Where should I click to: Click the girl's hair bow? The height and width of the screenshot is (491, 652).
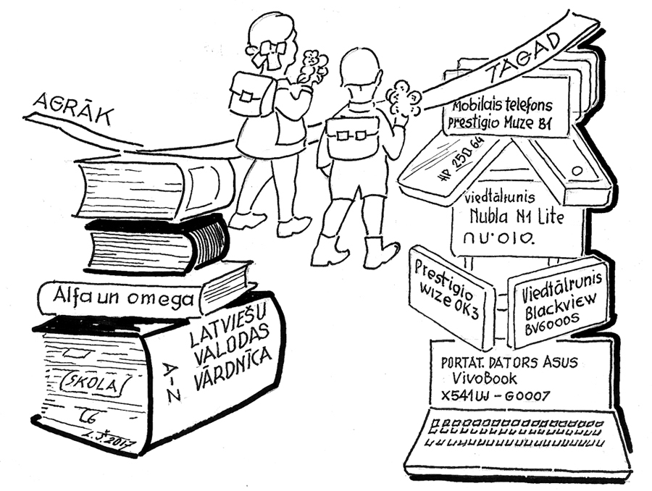tap(273, 49)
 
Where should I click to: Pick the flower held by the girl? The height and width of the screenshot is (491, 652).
tap(314, 64)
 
